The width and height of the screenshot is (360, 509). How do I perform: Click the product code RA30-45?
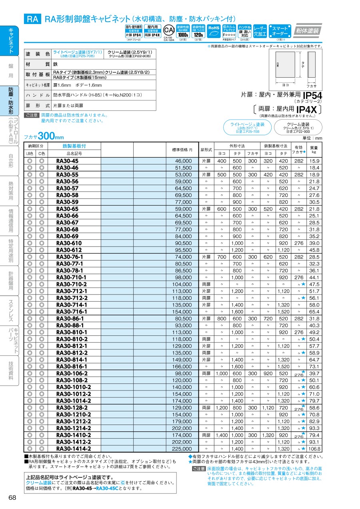coord(67,161)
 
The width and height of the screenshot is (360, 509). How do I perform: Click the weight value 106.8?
coord(314,449)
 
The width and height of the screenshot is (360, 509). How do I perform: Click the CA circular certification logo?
coord(168,30)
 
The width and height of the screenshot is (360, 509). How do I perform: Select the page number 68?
coord(12,497)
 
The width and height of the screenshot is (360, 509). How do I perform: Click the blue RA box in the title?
coord(32,18)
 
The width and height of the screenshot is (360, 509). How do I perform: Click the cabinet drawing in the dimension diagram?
coord(286,66)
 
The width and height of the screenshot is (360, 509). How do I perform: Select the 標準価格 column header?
coord(182,150)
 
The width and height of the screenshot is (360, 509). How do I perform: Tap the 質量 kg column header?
coord(314,150)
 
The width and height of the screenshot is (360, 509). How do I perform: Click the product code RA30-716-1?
coord(72,312)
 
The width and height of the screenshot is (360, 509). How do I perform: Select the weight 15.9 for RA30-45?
coord(314,161)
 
